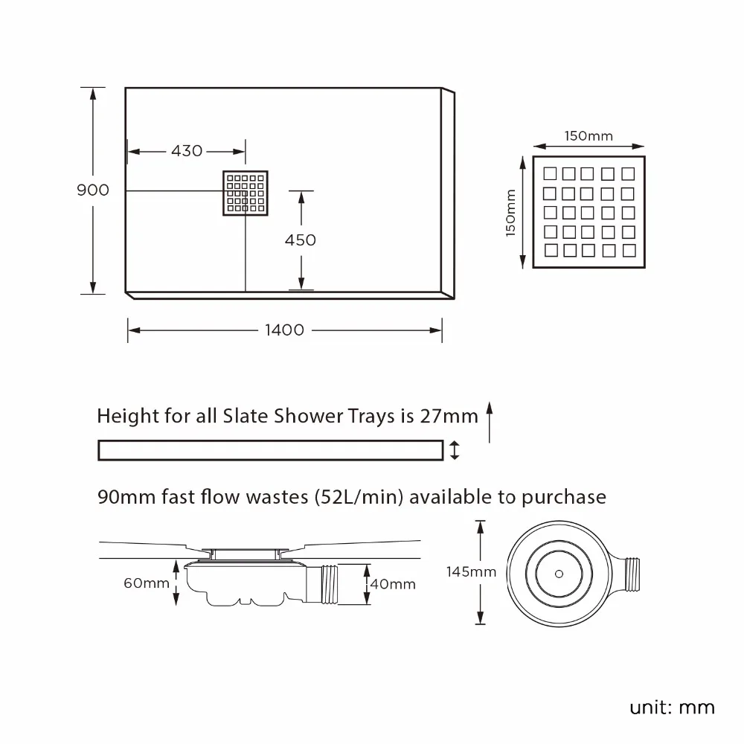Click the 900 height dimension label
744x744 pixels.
click(x=93, y=190)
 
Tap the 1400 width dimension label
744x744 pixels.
click(x=284, y=330)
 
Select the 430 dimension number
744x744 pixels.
click(x=186, y=151)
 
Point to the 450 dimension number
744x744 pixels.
click(x=300, y=240)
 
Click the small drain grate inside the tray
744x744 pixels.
click(x=246, y=193)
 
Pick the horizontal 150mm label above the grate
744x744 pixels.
click(x=588, y=136)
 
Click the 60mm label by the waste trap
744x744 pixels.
click(x=147, y=583)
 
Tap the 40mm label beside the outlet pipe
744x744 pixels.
click(x=392, y=584)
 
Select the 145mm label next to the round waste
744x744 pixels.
click(x=470, y=572)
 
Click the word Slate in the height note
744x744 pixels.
click(x=246, y=416)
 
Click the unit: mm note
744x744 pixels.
click(x=672, y=707)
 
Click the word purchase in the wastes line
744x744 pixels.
click(x=563, y=497)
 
